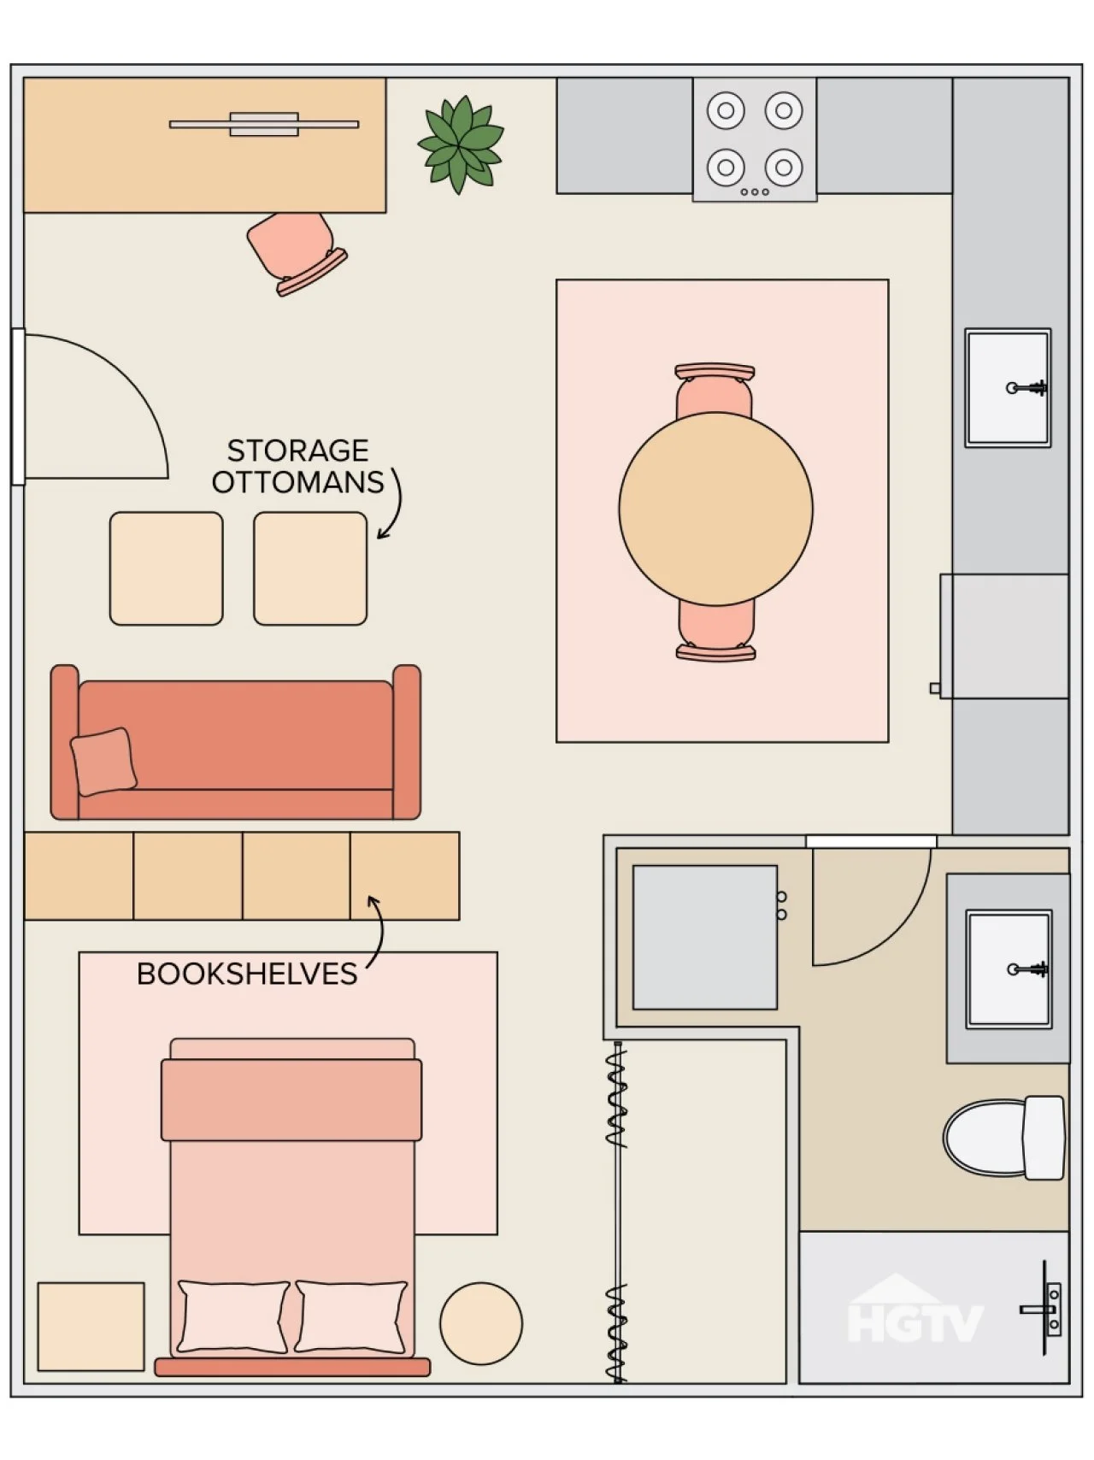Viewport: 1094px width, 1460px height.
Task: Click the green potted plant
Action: pos(460,144)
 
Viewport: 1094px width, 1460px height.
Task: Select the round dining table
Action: pos(715,509)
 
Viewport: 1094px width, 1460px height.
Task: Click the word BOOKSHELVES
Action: pos(247,974)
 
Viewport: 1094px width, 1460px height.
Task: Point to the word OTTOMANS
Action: pos(298,482)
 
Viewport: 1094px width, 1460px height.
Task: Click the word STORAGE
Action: pos(298,450)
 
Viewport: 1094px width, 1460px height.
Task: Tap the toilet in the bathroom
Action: pos(1005,1138)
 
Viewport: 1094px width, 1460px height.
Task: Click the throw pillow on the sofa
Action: pos(103,762)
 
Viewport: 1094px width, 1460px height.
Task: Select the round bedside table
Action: pos(481,1323)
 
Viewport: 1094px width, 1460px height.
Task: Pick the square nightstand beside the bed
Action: pos(91,1327)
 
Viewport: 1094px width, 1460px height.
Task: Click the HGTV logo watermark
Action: pos(915,1309)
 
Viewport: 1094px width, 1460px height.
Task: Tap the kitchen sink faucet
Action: pos(1027,388)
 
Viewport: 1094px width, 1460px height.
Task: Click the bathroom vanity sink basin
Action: pos(1009,969)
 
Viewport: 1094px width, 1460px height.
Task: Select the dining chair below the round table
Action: pos(716,631)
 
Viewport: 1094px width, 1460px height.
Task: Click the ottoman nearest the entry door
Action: pos(166,568)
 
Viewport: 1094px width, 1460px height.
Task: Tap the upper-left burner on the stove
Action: pos(726,110)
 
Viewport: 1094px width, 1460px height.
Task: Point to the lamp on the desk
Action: pos(264,125)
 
